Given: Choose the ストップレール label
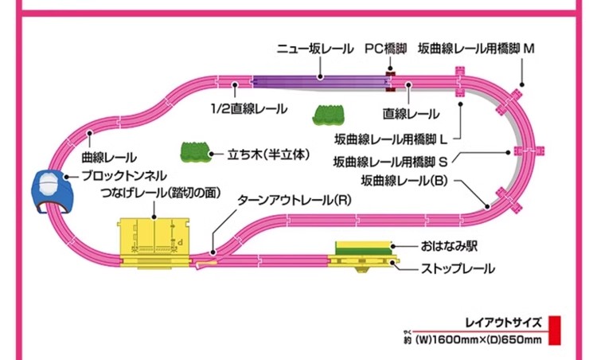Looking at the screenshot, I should coord(457,268).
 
